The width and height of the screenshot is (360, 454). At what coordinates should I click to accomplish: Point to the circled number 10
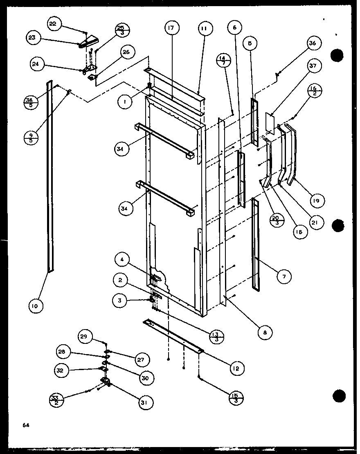click(36, 305)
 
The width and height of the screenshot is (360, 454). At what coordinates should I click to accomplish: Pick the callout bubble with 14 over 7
click(225, 61)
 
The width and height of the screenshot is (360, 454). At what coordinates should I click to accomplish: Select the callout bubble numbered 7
click(283, 277)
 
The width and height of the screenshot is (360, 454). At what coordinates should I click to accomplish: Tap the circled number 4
click(122, 259)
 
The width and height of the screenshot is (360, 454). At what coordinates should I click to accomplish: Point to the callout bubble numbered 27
click(140, 359)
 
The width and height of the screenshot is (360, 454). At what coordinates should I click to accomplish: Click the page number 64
click(25, 426)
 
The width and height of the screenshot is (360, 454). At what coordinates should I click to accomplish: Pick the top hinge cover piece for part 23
click(90, 41)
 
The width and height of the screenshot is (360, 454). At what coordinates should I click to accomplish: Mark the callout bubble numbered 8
click(265, 333)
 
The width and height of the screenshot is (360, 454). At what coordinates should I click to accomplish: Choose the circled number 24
click(37, 64)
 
